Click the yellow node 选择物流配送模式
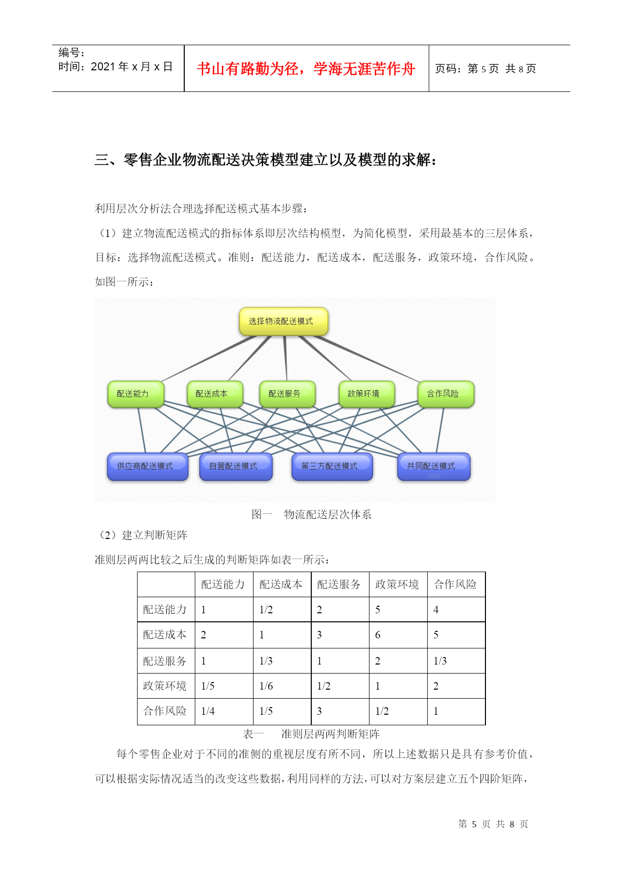point(284,321)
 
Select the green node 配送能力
point(136,394)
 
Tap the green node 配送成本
point(215,394)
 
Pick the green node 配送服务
point(287,394)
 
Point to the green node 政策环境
point(366,394)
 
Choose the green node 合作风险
point(446,394)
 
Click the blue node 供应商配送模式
point(148,467)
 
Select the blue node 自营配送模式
point(236,467)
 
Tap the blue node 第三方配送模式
point(332,467)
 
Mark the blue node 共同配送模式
point(434,467)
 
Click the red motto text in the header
point(306,69)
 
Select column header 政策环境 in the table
point(397,584)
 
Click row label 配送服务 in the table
point(165,661)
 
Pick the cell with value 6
point(378,635)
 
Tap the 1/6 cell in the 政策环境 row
point(266,686)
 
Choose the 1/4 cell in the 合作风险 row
point(208,711)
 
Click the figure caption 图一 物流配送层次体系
point(312,514)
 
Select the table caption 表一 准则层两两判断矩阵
point(311,734)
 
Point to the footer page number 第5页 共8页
point(493,824)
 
